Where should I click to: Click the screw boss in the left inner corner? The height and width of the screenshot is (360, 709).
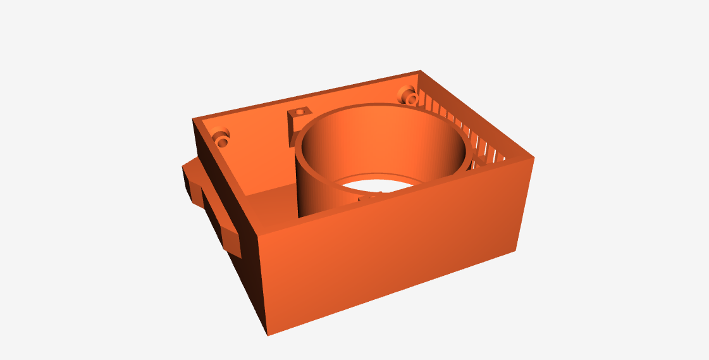(222, 138)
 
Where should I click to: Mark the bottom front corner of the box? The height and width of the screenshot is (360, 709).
(269, 333)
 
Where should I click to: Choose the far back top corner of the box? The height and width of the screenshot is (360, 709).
(419, 71)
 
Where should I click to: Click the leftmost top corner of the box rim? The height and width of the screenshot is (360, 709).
(194, 120)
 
